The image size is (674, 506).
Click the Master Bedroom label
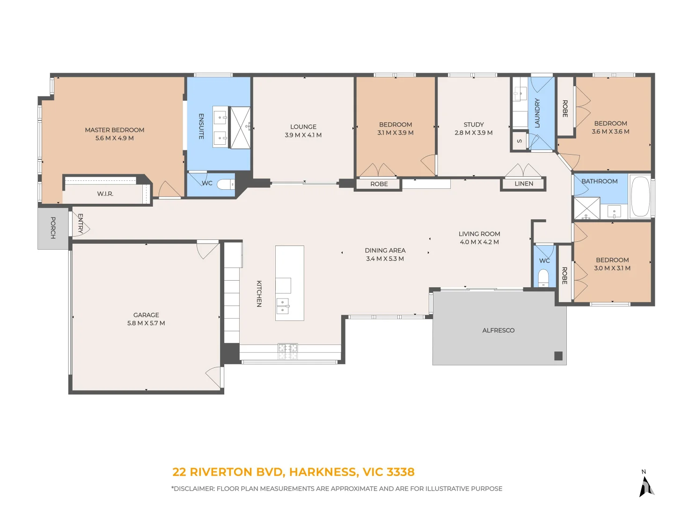coord(115,130)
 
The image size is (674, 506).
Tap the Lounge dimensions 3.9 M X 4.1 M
coord(303,135)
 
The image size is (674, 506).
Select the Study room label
coord(474,125)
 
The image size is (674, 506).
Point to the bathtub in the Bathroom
coord(640,197)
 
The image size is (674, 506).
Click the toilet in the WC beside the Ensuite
coord(226,184)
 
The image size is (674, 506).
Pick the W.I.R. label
coord(105,194)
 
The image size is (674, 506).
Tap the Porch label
coord(53,228)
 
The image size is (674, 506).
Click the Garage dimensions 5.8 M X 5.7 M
coord(146,323)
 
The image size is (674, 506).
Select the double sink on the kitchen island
coord(283,306)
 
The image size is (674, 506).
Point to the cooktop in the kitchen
coord(288,351)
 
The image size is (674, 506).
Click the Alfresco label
coord(498,330)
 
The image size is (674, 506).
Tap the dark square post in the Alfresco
coord(558,356)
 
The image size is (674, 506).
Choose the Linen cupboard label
coord(524,184)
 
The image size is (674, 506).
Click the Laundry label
coord(537,113)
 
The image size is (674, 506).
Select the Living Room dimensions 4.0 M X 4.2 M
coord(479,242)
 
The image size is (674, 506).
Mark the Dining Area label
coord(385,250)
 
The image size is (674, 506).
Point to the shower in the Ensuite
coord(241,128)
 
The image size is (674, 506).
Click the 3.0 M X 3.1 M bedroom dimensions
coord(612,268)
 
